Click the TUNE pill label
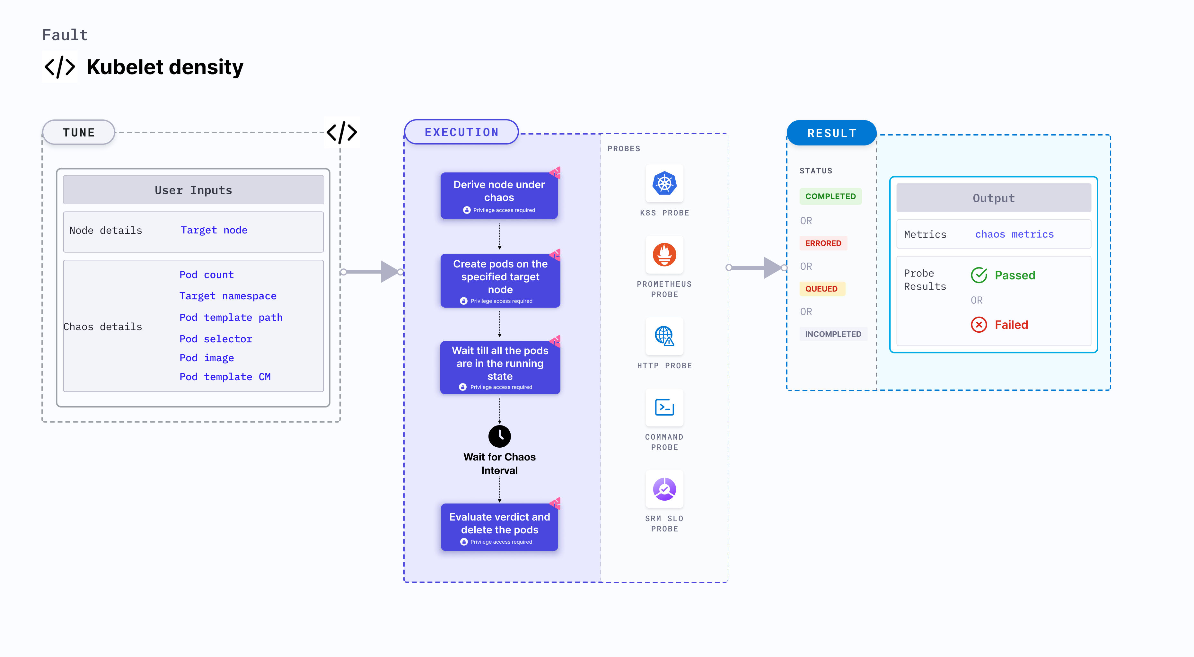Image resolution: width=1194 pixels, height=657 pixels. point(78,133)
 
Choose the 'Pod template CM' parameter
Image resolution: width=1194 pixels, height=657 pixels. point(225,377)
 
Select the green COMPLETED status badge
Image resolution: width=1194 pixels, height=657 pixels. point(830,197)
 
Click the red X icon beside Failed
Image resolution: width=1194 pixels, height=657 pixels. point(979,325)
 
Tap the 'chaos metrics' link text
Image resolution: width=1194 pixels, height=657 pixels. point(1014,234)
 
